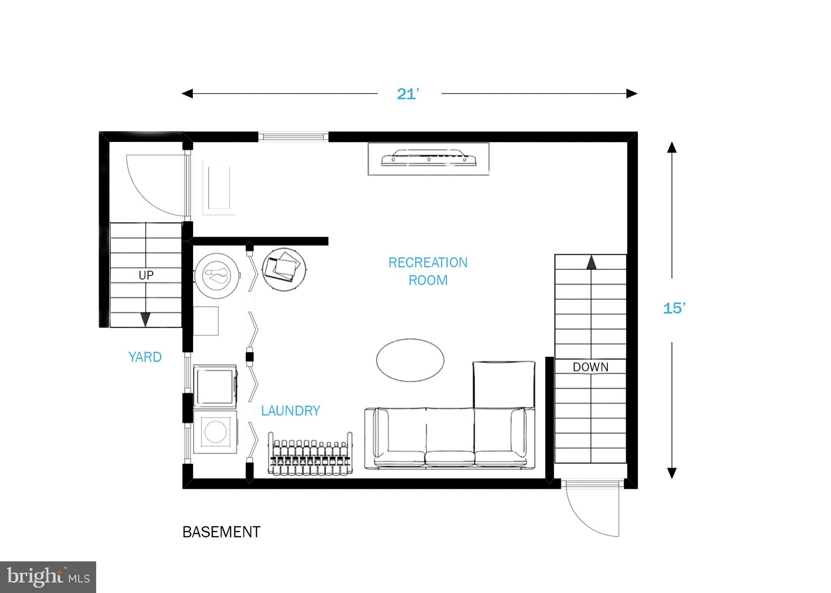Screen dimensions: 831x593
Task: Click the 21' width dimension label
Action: [408, 94]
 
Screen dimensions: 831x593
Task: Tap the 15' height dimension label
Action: [674, 309]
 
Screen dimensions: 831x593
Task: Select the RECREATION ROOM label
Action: [428, 271]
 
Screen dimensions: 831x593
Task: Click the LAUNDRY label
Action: [291, 411]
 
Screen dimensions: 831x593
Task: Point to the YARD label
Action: [145, 357]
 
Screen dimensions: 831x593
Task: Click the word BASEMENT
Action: [221, 532]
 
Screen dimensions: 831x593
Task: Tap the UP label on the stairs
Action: [146, 275]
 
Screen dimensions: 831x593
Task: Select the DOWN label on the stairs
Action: [590, 367]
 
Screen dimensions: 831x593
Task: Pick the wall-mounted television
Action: [428, 159]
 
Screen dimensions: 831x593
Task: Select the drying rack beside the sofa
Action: [310, 453]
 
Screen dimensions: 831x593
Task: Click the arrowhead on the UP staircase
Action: [145, 320]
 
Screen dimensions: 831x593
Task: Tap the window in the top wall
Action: [293, 136]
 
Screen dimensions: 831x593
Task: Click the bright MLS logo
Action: [48, 577]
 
